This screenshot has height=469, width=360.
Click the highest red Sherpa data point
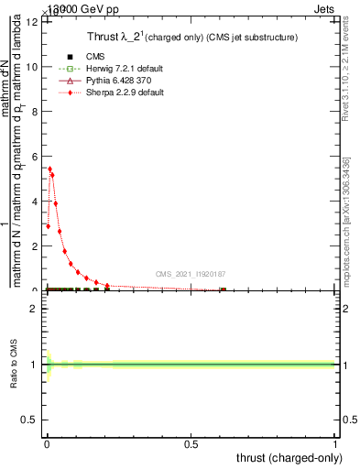pos(49,169)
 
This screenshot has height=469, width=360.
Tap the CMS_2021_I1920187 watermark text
pos(191,274)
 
